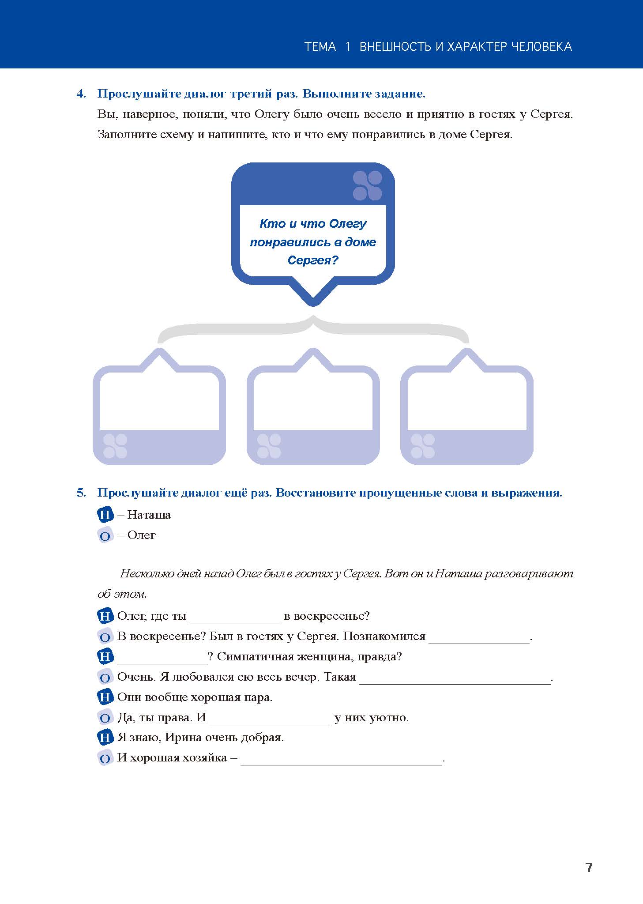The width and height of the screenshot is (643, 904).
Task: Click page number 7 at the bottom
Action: coord(589,867)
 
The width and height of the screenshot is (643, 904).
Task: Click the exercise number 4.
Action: coord(81,94)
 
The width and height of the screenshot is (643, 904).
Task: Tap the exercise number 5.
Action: coord(81,493)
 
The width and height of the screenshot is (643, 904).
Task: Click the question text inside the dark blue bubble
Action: coord(313,242)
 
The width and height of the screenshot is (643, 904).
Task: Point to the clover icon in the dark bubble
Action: coord(368,185)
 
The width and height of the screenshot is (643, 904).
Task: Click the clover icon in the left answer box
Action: coord(115,446)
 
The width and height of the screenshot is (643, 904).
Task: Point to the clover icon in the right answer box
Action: coord(422,446)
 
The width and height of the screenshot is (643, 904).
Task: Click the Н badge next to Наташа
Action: coord(105,515)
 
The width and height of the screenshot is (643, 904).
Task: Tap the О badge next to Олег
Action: coord(105,535)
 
